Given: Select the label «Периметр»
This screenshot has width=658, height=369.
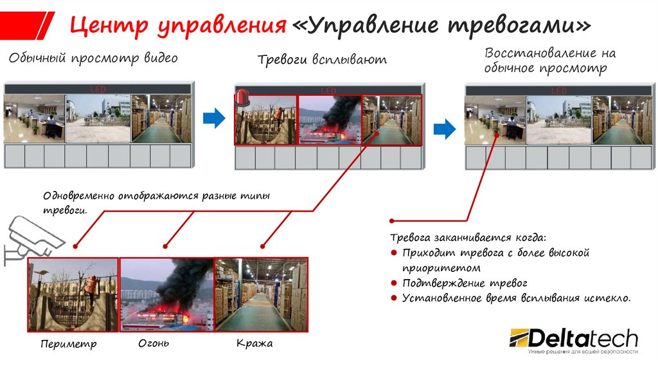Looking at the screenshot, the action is pos(68,344).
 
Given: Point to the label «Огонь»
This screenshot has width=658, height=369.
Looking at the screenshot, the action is pos(154,343).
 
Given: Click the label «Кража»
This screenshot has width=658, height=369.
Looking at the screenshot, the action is pos(254,343).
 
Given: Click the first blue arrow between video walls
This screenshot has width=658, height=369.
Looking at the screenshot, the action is pos(214,118).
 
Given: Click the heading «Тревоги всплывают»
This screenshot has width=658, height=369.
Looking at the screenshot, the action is pos(322,60).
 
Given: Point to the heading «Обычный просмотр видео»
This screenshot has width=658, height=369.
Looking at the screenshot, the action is pos(93,59).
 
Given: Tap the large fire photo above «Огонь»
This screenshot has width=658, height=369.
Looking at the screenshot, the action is pos(166,294).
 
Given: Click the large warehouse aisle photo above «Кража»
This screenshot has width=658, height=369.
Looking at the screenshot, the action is pos(261,294).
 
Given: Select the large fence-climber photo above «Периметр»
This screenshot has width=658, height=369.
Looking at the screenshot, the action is pos(73,294).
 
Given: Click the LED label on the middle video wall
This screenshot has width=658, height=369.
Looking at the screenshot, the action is pos(328,91).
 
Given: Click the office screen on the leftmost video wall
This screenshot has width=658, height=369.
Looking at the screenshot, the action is pos(35,119).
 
